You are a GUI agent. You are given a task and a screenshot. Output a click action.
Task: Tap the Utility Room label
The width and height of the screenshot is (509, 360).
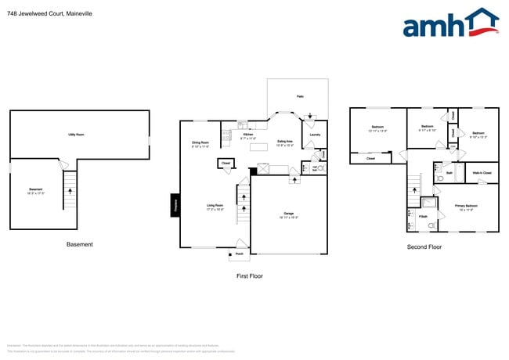click(77, 135)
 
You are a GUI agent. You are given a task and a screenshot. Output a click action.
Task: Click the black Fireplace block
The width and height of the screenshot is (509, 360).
click(175, 204)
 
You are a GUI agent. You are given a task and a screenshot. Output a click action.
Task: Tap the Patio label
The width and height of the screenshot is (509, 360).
click(299, 96)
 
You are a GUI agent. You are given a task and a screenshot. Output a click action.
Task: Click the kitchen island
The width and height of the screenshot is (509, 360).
click(262, 168)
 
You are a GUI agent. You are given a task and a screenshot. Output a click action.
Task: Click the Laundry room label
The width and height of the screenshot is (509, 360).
click(315, 135)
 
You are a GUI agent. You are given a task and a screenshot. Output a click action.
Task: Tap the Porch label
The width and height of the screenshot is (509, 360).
click(239, 254)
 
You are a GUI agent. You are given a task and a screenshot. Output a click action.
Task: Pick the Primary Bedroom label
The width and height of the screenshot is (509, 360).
click(466, 207)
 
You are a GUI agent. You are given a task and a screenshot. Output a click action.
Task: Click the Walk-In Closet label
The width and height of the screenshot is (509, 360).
click(482, 172)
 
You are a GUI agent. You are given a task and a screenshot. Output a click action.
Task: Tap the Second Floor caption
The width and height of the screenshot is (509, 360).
click(424, 247)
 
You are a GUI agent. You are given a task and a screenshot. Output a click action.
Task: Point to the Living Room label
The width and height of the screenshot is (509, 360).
click(215, 207)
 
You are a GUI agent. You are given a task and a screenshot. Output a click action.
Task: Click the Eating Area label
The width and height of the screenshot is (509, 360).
click(285, 144)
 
